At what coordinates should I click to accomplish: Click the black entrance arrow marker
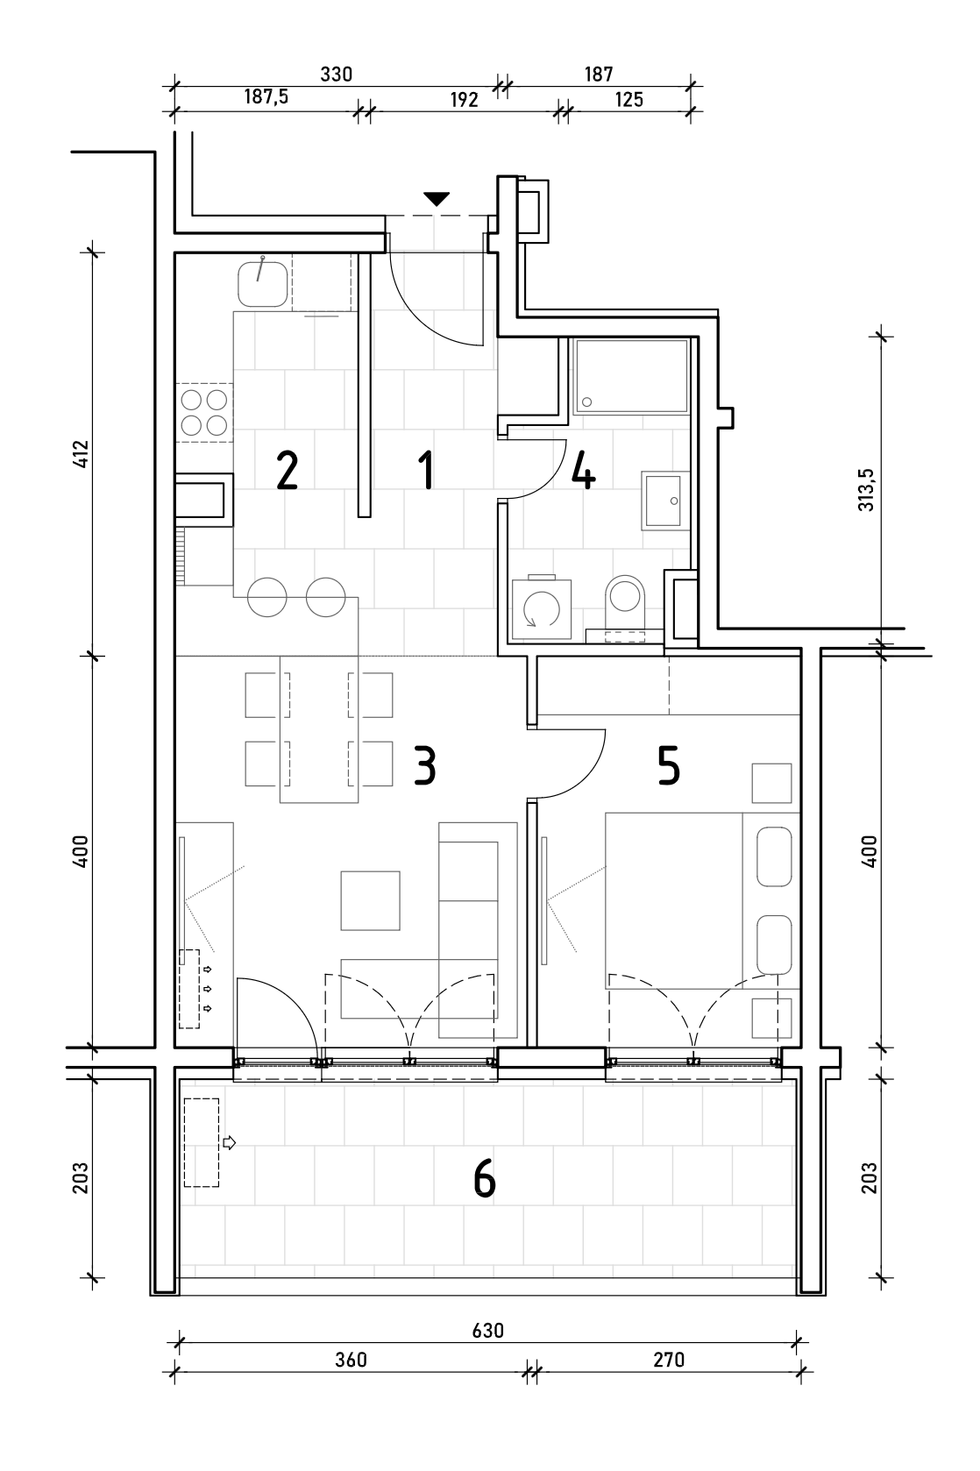click(x=437, y=199)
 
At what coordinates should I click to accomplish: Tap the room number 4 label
click(x=583, y=470)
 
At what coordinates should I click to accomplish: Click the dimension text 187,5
click(x=266, y=97)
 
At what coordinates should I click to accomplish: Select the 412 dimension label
click(x=81, y=454)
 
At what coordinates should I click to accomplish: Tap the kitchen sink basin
click(x=262, y=284)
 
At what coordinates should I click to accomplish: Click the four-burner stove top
click(x=204, y=412)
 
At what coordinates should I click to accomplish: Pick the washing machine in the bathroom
click(x=541, y=608)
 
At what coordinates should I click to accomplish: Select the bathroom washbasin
click(x=664, y=501)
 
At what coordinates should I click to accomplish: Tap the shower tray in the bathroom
click(x=630, y=376)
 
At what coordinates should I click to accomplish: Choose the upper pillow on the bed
click(x=774, y=857)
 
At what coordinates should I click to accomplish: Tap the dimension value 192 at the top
click(x=464, y=100)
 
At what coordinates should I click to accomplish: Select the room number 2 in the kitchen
click(x=287, y=470)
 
